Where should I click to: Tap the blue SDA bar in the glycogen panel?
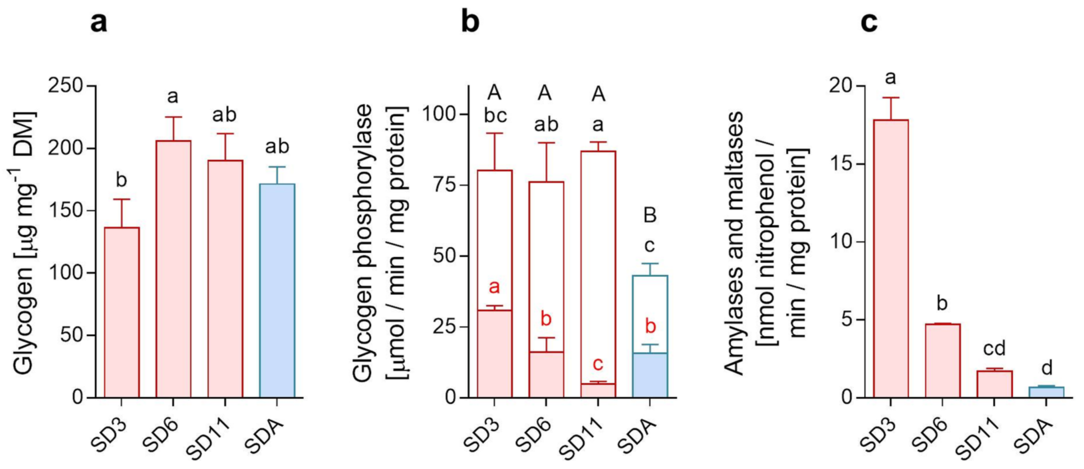(x=277, y=290)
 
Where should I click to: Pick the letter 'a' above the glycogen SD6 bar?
(x=173, y=97)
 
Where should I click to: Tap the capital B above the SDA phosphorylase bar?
(x=650, y=215)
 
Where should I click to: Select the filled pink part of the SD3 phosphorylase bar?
(x=494, y=353)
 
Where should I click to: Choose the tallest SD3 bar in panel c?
(x=890, y=259)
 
